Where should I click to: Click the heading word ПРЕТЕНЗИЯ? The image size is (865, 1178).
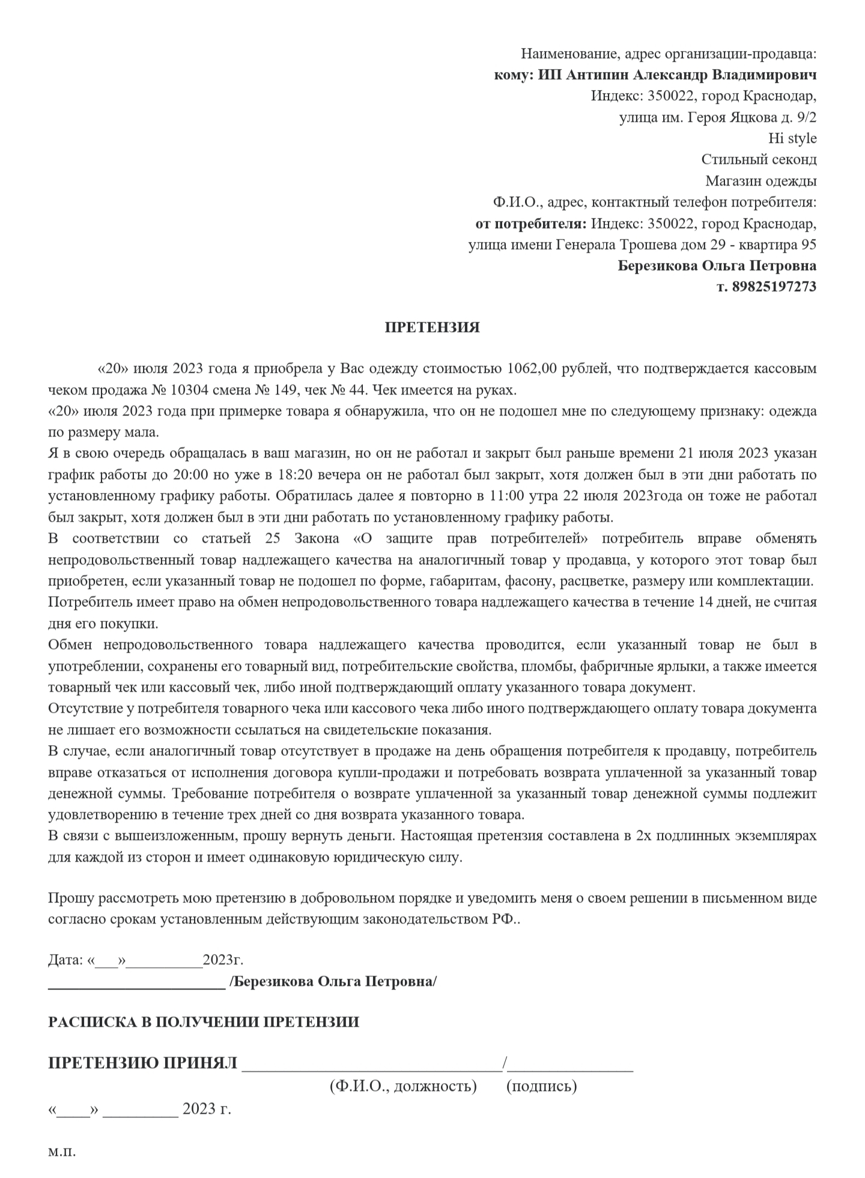[x=432, y=328]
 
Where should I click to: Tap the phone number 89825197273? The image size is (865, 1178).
[x=774, y=286]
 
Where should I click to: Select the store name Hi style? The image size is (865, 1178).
[x=792, y=138]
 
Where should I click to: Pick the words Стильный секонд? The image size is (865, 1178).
[x=759, y=160]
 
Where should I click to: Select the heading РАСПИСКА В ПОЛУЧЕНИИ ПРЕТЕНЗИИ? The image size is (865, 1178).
[x=204, y=1021]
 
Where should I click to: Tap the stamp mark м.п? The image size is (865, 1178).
[x=62, y=1152]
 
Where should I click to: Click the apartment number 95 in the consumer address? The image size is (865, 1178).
[x=808, y=245]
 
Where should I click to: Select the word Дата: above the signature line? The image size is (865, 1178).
[x=65, y=959]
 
